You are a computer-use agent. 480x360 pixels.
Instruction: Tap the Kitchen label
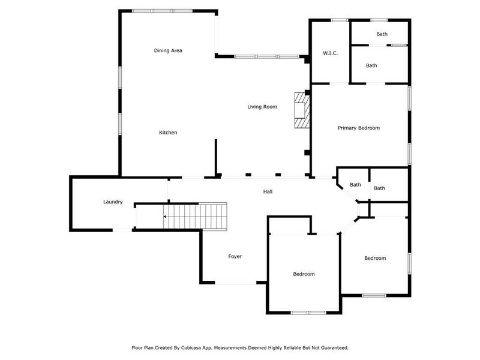coord(168,133)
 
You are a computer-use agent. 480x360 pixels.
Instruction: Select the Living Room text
coord(262,107)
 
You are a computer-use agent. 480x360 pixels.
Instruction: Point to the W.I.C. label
coord(330,53)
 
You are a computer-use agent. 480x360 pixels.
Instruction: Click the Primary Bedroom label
coord(358,128)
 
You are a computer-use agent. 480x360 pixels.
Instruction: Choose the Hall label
coord(268,191)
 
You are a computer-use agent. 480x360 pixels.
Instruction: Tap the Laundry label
coord(113,202)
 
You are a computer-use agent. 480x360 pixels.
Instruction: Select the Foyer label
coord(235,256)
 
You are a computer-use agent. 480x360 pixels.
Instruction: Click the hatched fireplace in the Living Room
coord(301,110)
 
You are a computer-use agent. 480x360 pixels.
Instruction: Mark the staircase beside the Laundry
coord(197,216)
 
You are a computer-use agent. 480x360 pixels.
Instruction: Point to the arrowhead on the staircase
coord(165,216)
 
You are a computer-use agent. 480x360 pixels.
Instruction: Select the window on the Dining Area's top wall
coord(162,11)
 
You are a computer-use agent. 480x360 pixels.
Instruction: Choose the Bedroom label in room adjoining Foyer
coord(304,274)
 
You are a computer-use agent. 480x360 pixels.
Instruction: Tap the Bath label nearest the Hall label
coord(355,185)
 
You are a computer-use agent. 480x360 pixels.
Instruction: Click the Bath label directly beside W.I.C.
coord(371,65)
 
